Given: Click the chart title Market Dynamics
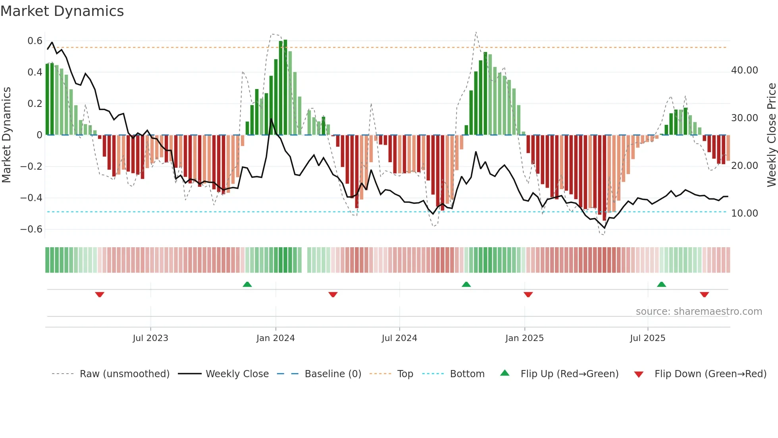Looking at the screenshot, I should pos(62,11).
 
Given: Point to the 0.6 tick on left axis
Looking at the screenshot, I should pos(35,41).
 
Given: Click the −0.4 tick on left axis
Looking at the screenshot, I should pos(31,198).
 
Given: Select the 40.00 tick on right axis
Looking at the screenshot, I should pos(744,70).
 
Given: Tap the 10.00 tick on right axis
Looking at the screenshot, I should pos(744,213).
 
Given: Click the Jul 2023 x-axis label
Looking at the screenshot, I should pos(150,338).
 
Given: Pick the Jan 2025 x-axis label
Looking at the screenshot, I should pos(524,338).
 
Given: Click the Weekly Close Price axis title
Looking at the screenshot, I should pos(771,135).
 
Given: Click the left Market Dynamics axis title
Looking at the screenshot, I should pos(6,135).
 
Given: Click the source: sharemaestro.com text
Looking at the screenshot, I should pos(699,312).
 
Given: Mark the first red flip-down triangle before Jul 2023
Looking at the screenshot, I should pos(100,295).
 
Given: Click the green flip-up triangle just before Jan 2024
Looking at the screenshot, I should pos(247,284).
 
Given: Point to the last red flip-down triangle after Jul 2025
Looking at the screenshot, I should pos(704,295).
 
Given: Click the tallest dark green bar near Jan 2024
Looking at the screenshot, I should pos(285,87).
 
